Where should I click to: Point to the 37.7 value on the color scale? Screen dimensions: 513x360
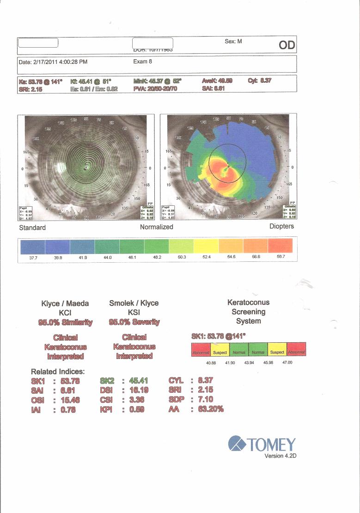33,257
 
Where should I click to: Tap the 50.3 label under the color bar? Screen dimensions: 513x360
182,257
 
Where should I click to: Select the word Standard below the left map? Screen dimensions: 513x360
32,228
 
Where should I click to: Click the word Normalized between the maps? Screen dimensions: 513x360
156,227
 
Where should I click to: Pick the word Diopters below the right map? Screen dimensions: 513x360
281,227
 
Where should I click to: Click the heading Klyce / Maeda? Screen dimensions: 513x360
65,303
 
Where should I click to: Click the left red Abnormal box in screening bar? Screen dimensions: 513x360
201,352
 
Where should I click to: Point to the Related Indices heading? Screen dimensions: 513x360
58,371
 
